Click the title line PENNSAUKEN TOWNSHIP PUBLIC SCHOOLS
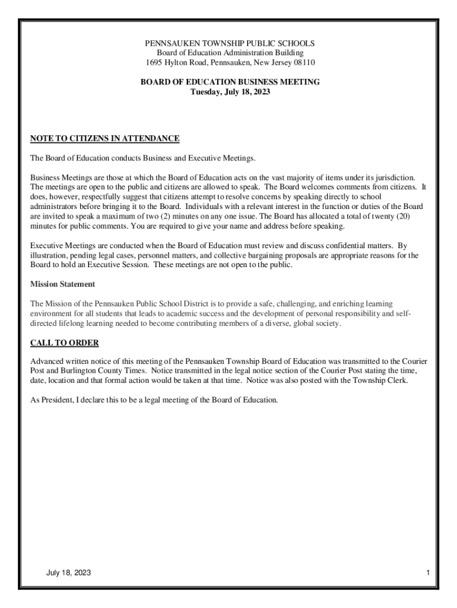coord(230,43)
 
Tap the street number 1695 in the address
coord(155,62)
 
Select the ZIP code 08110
coord(303,62)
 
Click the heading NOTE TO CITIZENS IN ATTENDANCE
coord(104,139)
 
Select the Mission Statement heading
coord(63,284)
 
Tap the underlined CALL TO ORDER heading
coord(65,343)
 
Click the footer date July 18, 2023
coord(69,572)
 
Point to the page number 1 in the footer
coord(427,572)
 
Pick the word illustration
coord(49,255)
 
